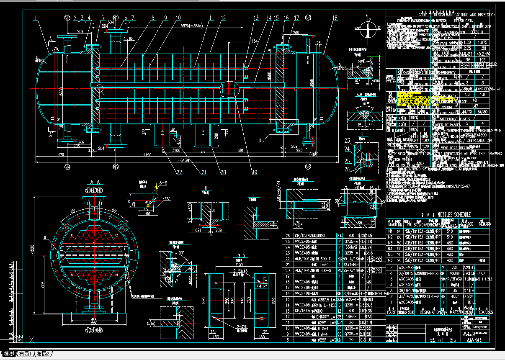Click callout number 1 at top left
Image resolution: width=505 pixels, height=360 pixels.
(x=36, y=18)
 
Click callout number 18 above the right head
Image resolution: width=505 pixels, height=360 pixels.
(x=335, y=18)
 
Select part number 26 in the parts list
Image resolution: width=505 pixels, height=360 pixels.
(x=287, y=236)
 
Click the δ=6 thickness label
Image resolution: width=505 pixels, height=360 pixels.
(x=162, y=184)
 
